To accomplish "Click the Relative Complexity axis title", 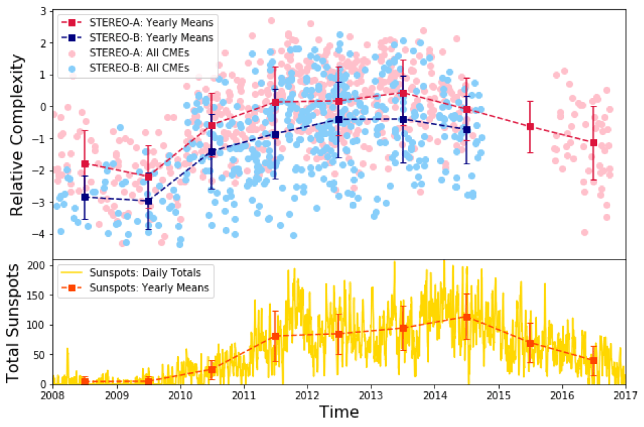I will coord(18,134).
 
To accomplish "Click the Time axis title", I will coord(339,412).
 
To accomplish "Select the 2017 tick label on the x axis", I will coord(625,395).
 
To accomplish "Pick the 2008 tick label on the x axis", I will coord(53,395).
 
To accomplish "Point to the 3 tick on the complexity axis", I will coord(43,11).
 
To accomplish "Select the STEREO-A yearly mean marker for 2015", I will coord(530,126).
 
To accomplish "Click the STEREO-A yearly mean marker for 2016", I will coord(594,142).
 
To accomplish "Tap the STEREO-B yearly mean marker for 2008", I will coord(85,197).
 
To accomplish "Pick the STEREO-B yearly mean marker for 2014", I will coord(467,129).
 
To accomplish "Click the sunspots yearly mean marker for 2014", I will coord(467,317).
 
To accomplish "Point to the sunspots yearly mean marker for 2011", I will coord(275,336).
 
